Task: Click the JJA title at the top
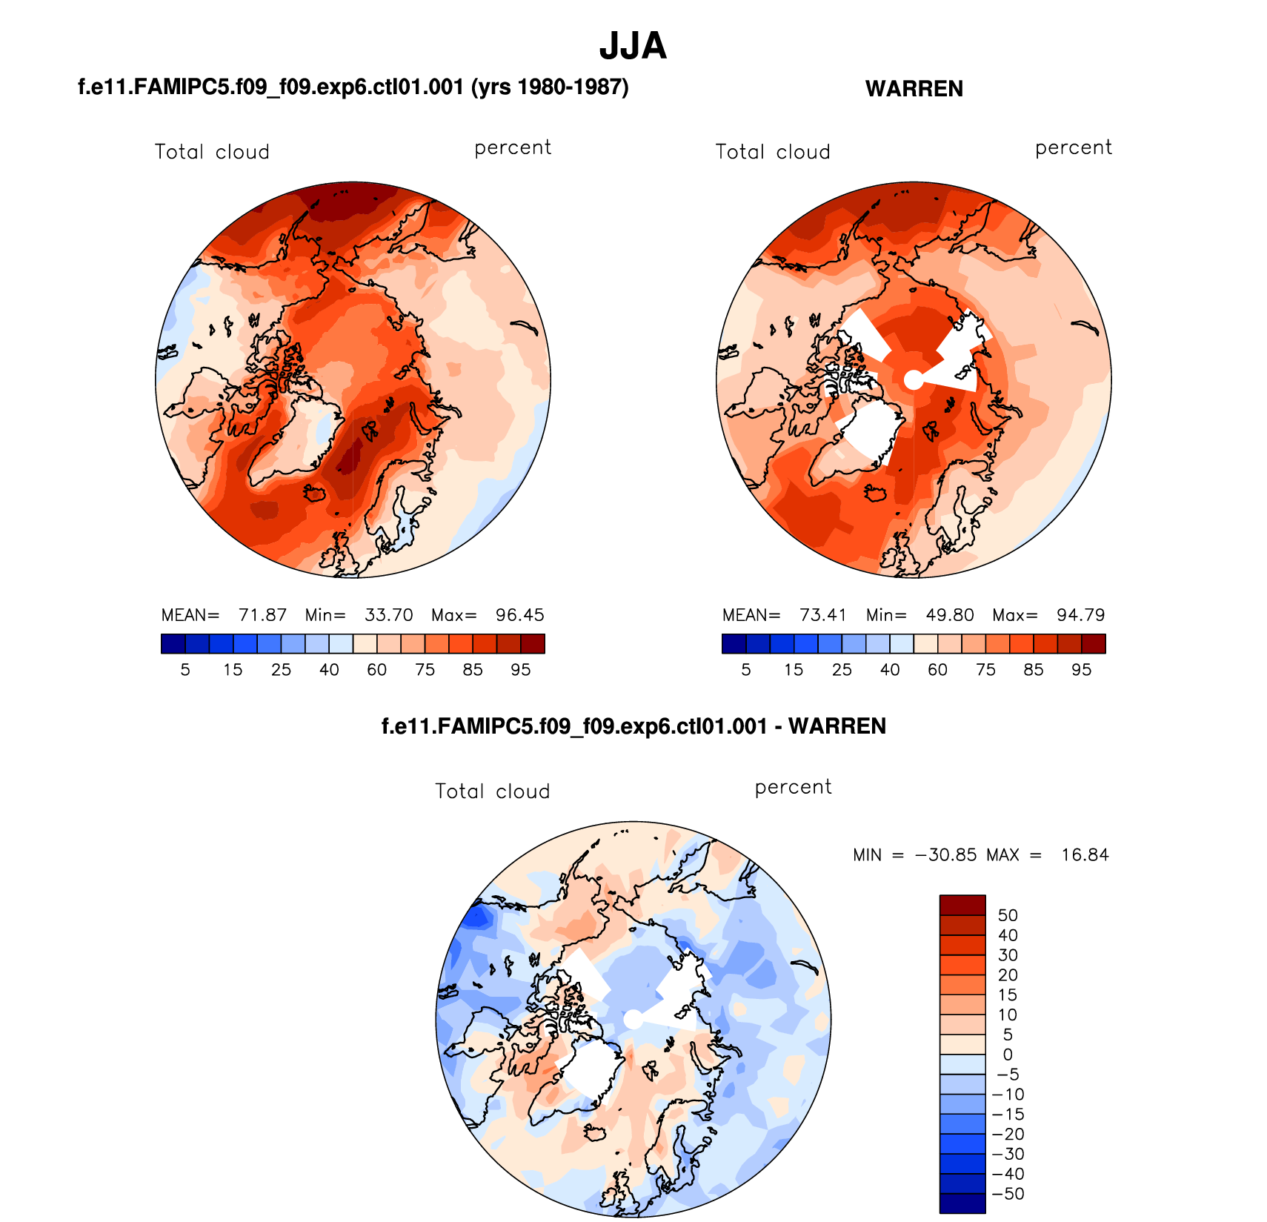633,46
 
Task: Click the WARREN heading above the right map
914,89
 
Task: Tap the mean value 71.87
262,615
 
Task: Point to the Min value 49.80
950,615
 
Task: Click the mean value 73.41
823,615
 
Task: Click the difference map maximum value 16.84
1085,855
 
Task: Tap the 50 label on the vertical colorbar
1008,915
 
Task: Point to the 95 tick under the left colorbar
521,670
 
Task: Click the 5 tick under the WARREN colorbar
746,670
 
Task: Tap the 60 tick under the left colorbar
377,670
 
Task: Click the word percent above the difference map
793,787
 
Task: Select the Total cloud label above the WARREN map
772,152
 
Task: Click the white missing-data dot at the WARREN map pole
914,380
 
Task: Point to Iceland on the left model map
316,493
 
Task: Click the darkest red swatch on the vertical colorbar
962,906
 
